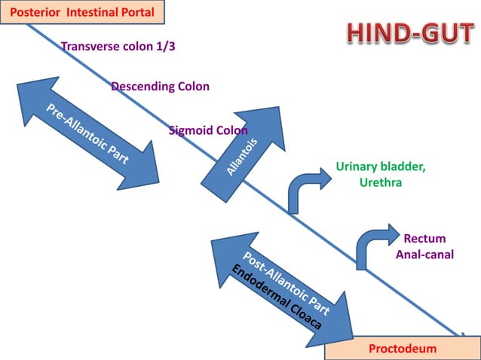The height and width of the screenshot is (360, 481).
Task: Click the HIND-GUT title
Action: tap(410, 33)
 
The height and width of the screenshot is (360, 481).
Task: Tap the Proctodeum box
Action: tap(402, 349)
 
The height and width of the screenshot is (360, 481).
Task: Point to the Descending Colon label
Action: tap(160, 87)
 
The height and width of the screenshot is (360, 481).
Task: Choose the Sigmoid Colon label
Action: tap(208, 130)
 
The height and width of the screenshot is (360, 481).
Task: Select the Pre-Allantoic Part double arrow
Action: tap(87, 134)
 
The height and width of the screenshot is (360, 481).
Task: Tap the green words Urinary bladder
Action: tap(380, 167)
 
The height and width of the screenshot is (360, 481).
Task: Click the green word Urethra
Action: tap(380, 182)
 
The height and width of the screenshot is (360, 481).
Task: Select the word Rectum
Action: tap(424, 239)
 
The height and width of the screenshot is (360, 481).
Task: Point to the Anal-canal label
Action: tap(424, 255)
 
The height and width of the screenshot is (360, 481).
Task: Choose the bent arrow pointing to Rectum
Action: tap(374, 245)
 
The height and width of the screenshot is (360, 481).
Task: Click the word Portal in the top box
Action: tap(136, 12)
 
